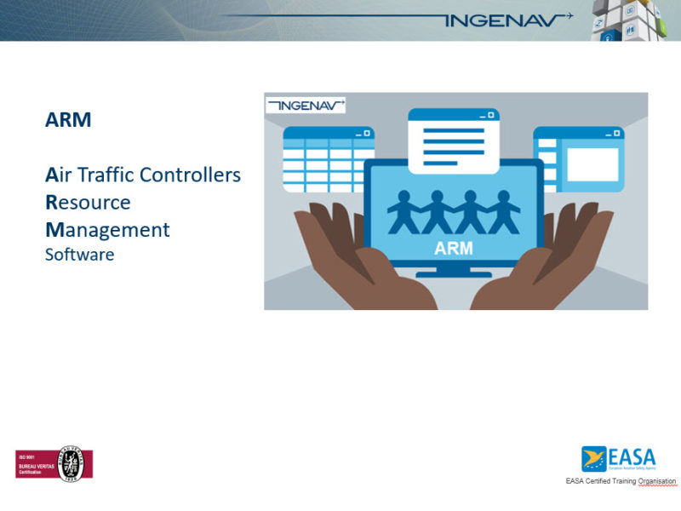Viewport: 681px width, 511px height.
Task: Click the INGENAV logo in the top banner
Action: (x=502, y=20)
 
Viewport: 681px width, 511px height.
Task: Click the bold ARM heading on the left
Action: (x=68, y=120)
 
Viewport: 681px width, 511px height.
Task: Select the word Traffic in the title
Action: (x=105, y=175)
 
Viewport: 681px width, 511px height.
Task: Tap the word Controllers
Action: (x=190, y=175)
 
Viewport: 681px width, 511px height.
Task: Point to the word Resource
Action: (x=88, y=203)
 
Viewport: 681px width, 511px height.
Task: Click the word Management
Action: (x=107, y=230)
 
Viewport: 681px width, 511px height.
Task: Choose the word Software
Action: (x=79, y=254)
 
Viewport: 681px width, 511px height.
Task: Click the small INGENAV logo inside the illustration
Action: (x=305, y=106)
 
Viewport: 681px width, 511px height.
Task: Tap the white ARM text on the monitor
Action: (x=453, y=250)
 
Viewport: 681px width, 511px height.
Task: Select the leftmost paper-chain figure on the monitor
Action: (x=403, y=212)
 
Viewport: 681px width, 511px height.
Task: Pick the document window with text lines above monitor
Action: (x=453, y=141)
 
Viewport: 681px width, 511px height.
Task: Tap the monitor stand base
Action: (x=454, y=273)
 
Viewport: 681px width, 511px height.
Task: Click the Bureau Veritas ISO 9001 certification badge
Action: (x=54, y=463)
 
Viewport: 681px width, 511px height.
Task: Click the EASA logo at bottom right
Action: (x=618, y=459)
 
